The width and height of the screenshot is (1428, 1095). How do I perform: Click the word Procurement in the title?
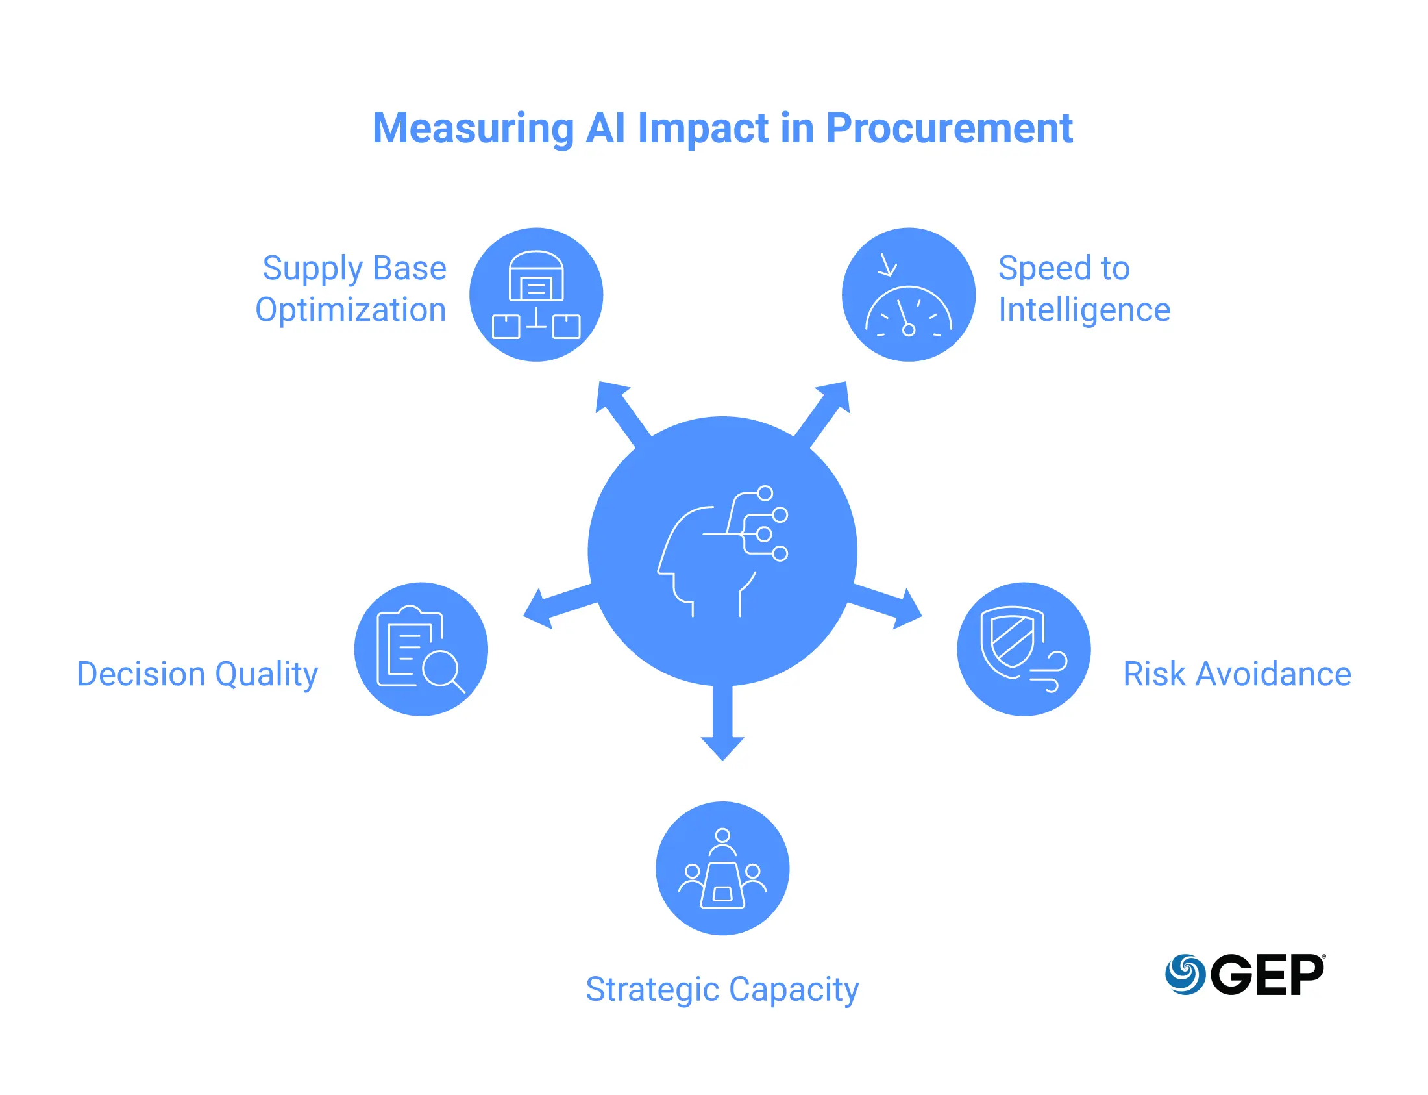point(948,128)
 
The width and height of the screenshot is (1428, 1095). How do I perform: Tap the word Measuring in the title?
point(473,128)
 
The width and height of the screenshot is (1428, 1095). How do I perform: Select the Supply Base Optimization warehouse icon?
point(535,295)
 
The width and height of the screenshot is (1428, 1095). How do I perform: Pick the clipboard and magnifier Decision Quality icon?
point(421,649)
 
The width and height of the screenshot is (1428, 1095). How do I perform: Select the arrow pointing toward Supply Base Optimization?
point(619,410)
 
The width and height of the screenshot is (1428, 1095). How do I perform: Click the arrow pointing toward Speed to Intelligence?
point(826,410)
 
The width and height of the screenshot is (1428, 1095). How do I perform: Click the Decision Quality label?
point(197,674)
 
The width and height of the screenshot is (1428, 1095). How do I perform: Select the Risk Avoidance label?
point(1237,674)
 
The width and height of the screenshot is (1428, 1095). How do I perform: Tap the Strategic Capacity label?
point(722,989)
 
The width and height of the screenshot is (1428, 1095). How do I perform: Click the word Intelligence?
point(1084,310)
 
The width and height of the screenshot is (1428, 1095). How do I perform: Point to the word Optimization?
point(351,310)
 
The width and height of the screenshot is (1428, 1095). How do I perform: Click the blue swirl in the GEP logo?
point(1185,974)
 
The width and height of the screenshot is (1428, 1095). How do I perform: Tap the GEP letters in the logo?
point(1266,974)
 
